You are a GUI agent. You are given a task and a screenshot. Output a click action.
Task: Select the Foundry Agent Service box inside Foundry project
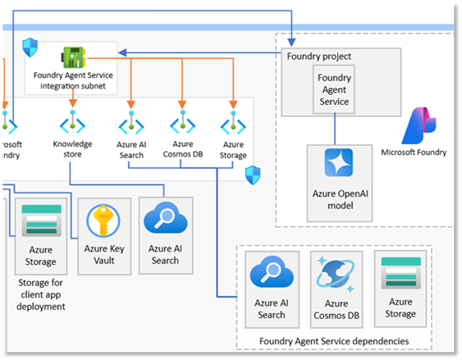(334, 89)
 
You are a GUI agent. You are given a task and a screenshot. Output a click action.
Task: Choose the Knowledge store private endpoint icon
(72, 125)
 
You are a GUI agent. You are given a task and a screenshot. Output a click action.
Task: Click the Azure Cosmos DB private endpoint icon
(181, 125)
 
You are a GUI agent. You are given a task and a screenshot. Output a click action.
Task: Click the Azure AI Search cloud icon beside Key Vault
(164, 219)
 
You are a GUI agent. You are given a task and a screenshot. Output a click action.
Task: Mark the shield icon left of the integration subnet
(30, 47)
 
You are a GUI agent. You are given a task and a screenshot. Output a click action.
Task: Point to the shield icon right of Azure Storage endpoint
(253, 174)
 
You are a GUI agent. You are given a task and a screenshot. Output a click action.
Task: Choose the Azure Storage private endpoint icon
(233, 125)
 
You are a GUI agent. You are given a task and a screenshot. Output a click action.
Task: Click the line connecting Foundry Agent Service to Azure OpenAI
(334, 128)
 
